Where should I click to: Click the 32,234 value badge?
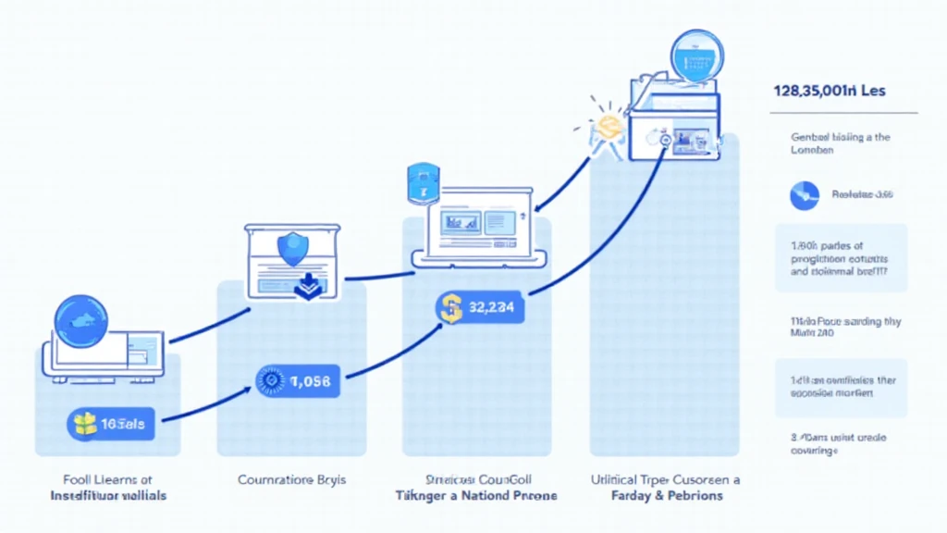(480, 309)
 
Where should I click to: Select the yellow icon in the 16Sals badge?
(84, 425)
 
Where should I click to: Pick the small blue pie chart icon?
(804, 195)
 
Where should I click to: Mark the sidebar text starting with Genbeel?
(840, 143)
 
